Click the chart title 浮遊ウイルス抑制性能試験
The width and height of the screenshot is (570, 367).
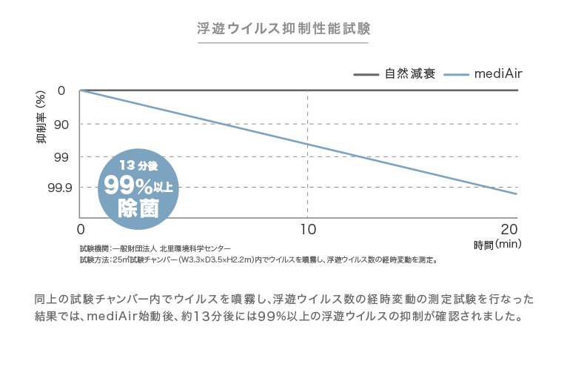[x=284, y=29]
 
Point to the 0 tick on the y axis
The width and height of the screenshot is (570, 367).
[x=61, y=91]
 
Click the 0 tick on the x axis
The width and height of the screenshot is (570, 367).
[x=81, y=227]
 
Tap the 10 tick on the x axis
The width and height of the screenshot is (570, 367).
[x=306, y=227]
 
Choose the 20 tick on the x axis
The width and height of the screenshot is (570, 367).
[x=509, y=227]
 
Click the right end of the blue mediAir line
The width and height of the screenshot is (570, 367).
[x=516, y=194]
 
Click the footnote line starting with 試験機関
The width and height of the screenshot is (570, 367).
[x=155, y=248]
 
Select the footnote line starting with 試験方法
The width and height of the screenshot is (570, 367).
[x=258, y=260]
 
